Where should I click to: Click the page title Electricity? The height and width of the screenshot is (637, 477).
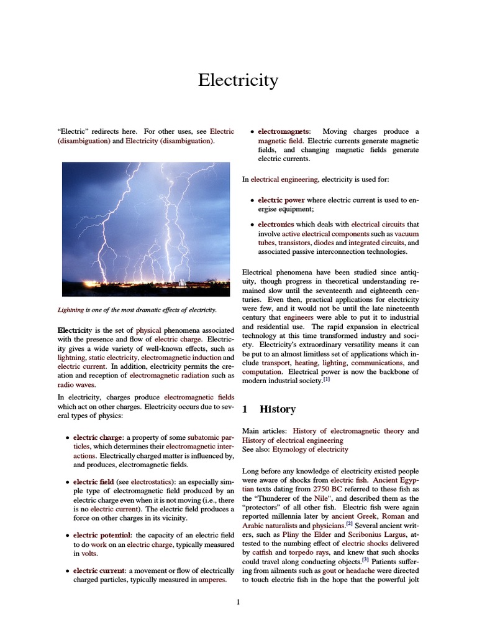(x=238, y=80)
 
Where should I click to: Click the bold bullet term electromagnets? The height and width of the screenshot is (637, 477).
(x=285, y=132)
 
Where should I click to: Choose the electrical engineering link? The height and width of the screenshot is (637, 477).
(x=284, y=179)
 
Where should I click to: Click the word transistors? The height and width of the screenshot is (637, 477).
(x=294, y=243)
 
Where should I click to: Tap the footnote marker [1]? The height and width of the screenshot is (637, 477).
(x=326, y=381)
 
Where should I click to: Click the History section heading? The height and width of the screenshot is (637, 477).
(x=277, y=409)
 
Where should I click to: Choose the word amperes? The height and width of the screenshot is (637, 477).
(x=212, y=579)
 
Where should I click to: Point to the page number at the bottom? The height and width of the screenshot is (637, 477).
(x=238, y=602)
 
